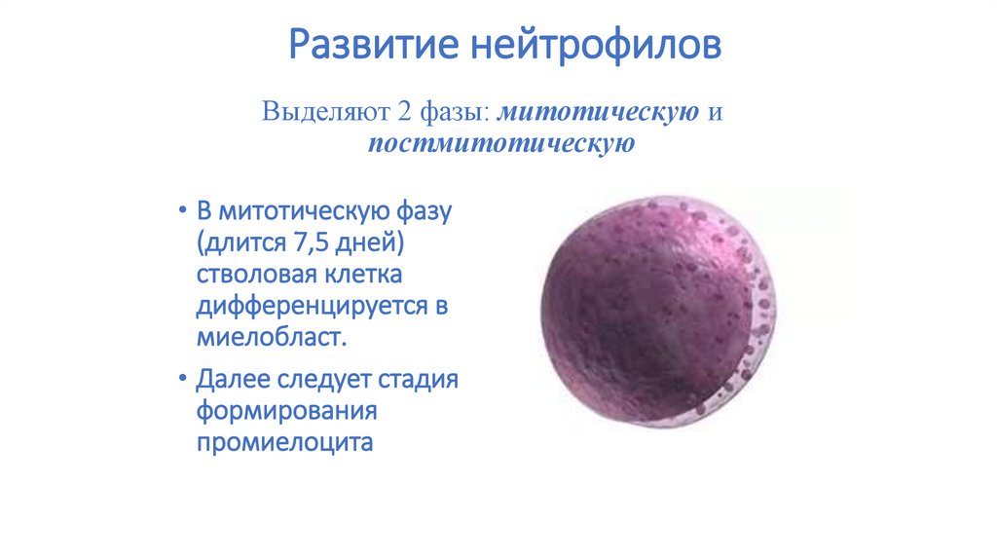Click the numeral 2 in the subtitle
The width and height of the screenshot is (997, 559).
coord(405,111)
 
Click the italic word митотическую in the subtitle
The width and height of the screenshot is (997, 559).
coord(599,112)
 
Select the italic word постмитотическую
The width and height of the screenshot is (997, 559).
coord(501,143)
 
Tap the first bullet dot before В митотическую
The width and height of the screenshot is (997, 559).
coord(182,209)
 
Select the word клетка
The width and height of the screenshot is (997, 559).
coord(364,275)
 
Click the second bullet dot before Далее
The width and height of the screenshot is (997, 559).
coord(182,379)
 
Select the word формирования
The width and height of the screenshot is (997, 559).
coord(287,412)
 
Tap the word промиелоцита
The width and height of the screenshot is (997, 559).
coord(284,442)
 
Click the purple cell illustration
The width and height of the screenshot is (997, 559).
coord(658,311)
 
